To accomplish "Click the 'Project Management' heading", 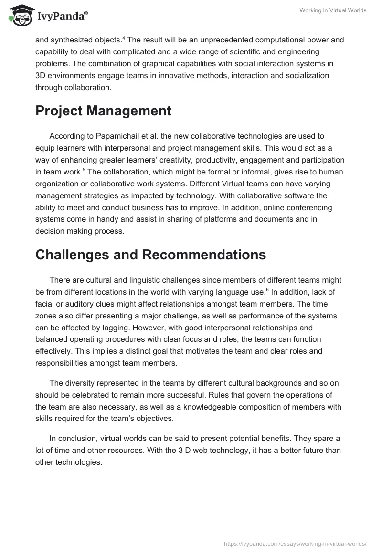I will pyautogui.click(x=103, y=111).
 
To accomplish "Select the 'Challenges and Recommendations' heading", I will pyautogui.click(x=150, y=255).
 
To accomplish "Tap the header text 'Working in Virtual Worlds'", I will pyautogui.click(x=332, y=10).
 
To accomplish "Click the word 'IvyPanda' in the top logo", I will pyautogui.click(x=60, y=17).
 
